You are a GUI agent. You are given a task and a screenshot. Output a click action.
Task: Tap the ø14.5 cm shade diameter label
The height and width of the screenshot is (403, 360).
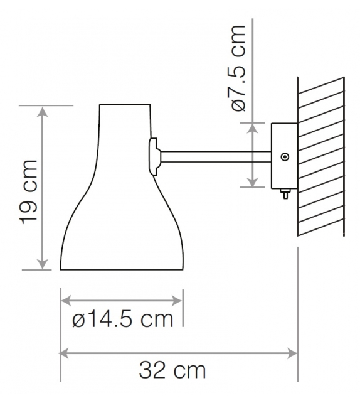coord(122,320)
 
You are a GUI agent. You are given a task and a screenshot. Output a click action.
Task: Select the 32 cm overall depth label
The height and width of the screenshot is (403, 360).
coord(172,370)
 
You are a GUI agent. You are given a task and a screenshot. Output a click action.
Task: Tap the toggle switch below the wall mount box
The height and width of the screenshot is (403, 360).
coord(285,195)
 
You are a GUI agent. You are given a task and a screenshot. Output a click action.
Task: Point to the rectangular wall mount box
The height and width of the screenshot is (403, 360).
coord(283,156)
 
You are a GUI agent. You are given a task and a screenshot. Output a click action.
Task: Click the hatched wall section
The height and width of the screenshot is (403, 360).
coord(320,157)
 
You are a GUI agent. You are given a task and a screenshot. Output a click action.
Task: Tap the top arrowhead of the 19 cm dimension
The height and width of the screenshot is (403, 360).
coord(43,111)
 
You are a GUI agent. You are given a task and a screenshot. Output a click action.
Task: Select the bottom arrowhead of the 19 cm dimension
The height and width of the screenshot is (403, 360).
coord(43,265)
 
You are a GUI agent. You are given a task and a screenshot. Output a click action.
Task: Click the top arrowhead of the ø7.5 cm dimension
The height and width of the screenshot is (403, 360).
coord(253,127)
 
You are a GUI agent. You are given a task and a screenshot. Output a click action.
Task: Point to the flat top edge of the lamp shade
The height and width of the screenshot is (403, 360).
coord(125,104)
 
